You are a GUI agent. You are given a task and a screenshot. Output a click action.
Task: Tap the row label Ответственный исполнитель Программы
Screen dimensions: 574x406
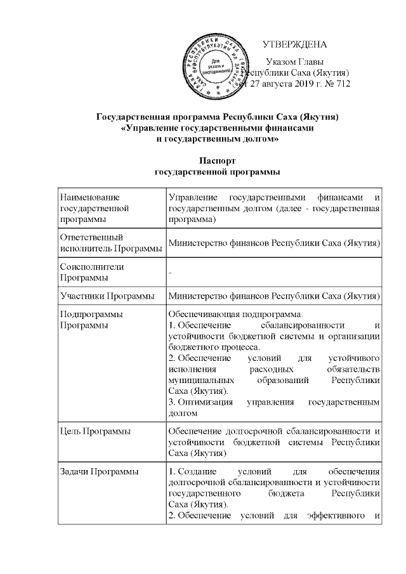108,243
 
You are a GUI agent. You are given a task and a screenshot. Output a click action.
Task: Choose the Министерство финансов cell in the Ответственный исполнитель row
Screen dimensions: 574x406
273,243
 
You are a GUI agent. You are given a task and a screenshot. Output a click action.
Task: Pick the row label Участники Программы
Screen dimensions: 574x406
106,296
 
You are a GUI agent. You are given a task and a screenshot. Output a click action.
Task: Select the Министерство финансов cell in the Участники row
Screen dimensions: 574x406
273,296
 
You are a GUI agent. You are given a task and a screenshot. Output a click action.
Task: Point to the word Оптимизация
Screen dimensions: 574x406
199,402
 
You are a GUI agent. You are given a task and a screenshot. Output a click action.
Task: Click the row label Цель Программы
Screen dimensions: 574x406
95,431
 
